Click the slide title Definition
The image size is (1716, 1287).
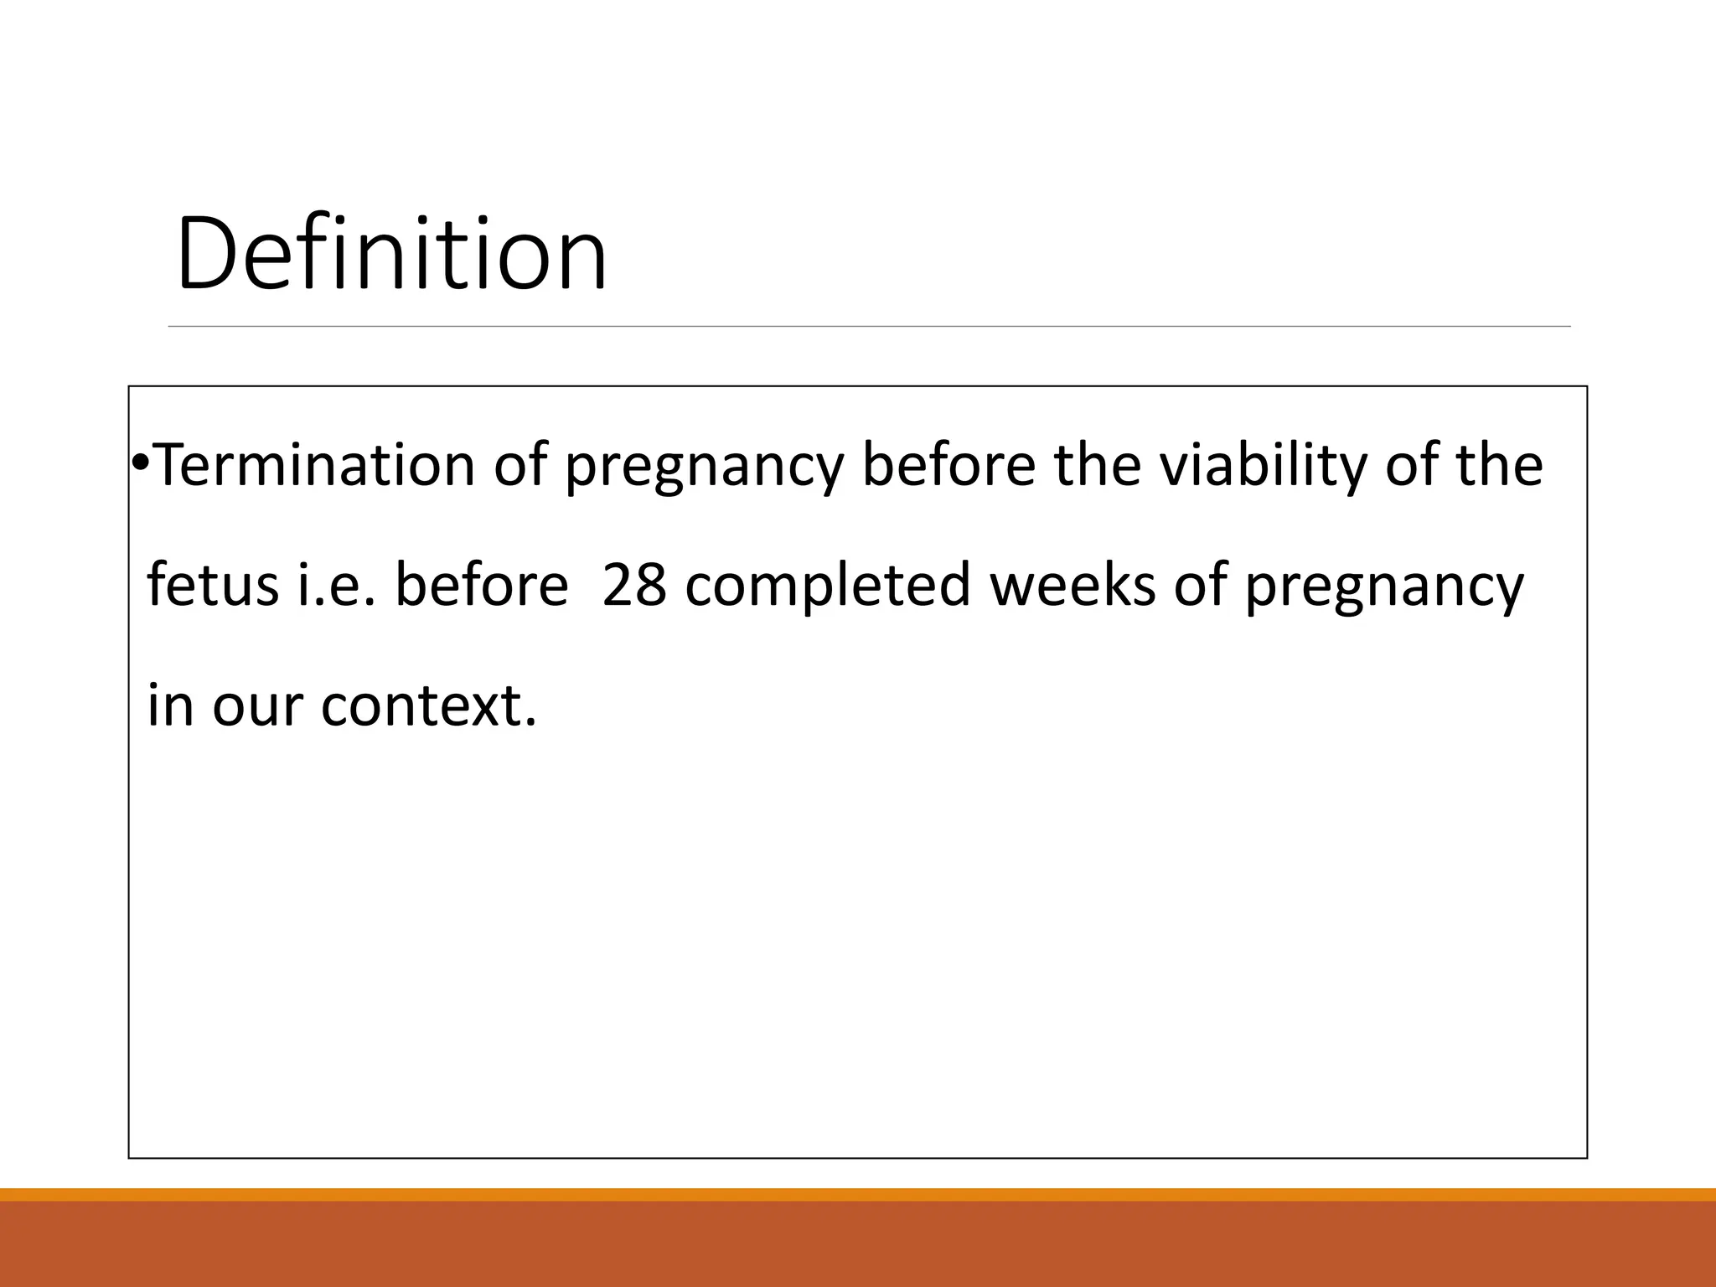[391, 254]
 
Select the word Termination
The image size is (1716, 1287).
[315, 465]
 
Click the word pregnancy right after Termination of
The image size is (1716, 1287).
[703, 468]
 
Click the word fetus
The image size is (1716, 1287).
[213, 585]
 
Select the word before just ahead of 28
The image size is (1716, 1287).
[481, 585]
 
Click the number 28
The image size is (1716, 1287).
[634, 585]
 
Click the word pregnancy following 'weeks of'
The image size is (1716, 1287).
[1383, 587]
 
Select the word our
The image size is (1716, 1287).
[258, 706]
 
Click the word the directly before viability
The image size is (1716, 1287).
[1098, 465]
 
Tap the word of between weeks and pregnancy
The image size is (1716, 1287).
[1199, 585]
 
